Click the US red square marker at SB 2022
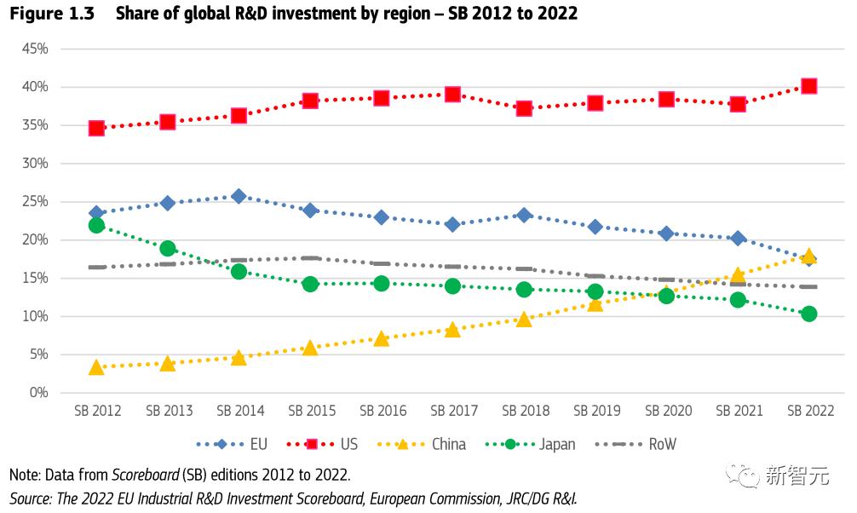point(808,86)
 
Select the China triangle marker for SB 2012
point(96,367)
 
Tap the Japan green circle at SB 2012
point(96,225)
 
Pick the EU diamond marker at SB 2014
point(239,196)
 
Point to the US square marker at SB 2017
point(452,95)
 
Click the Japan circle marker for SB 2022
point(808,314)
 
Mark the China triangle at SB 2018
point(524,319)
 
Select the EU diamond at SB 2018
point(524,216)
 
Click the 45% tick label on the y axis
point(34,49)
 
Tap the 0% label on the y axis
point(38,393)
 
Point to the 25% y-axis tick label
point(34,202)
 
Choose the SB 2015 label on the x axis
point(312,411)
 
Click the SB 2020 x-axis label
point(668,411)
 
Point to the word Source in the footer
point(31,498)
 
